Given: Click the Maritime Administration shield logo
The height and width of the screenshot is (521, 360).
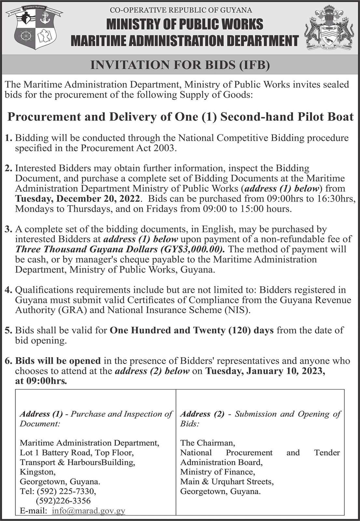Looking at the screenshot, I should pos(35,28).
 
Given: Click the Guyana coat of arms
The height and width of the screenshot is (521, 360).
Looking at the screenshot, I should pos(329,29).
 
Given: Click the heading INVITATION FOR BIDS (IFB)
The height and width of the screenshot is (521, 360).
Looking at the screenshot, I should pos(180,65).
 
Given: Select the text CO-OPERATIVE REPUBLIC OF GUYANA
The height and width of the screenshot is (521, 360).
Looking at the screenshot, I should pos(181,10).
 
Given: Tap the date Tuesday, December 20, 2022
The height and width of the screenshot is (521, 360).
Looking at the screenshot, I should pos(78,198).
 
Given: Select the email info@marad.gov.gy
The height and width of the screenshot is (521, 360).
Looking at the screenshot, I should pos(89,511).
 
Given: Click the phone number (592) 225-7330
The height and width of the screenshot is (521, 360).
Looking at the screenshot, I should pos(66,491).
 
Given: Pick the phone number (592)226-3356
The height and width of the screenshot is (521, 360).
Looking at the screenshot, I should pos(63,501).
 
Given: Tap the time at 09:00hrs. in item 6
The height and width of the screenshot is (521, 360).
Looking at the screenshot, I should pos(41,381).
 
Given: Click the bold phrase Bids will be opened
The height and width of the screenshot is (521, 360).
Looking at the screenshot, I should pos(58,361).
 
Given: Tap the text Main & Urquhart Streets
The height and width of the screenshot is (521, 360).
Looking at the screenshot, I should pos(227,482).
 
